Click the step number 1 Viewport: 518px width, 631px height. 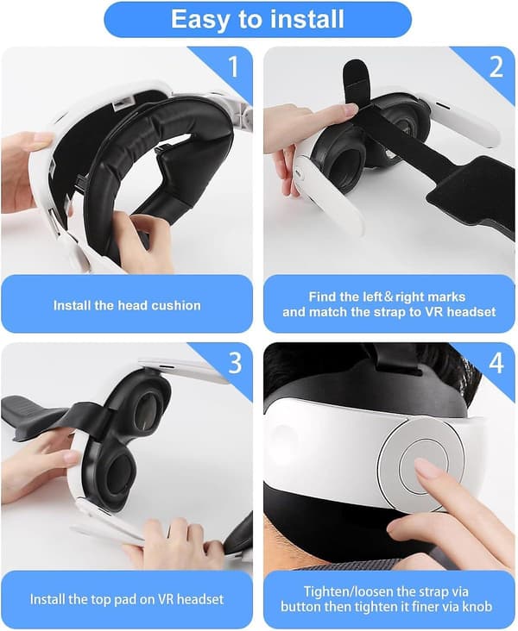coord(234,66)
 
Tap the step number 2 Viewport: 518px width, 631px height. coord(496,66)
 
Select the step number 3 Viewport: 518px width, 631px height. coord(235,363)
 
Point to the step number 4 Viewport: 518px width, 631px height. coord(496,363)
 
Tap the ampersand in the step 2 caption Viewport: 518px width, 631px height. coord(388,297)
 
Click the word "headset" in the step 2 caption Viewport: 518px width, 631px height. coord(471,312)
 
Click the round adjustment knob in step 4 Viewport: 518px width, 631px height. coord(421,464)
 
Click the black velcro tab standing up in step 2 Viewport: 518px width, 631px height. coord(357,81)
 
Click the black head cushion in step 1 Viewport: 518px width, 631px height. coord(157,169)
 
